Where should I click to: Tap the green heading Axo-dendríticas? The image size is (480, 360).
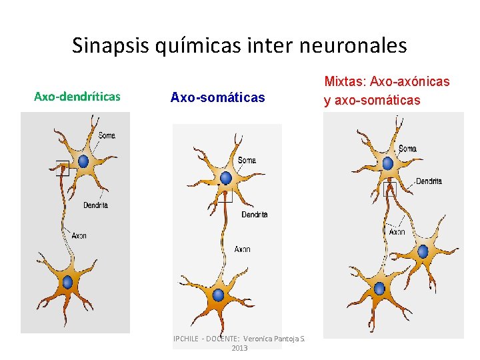[77, 97]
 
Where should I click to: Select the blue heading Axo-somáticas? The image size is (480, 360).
[217, 98]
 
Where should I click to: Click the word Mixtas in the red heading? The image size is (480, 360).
[344, 82]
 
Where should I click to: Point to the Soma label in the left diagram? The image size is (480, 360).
[107, 136]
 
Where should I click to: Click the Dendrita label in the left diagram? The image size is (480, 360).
[96, 205]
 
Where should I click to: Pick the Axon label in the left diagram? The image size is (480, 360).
[79, 235]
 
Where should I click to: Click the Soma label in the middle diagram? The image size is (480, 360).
[247, 161]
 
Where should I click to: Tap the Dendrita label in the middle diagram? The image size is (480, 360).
[254, 215]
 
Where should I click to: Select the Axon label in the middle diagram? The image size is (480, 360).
[242, 249]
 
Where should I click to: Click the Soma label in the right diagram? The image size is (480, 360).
[408, 149]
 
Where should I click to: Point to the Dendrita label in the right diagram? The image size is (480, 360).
[429, 181]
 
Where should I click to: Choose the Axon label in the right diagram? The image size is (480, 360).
[397, 233]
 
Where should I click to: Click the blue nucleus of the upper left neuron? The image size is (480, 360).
[83, 161]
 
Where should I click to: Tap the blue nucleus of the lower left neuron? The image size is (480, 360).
[67, 282]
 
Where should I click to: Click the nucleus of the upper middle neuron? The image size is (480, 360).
[226, 178]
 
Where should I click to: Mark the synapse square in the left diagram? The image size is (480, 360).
[62, 169]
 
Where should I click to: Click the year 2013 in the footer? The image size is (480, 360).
[239, 348]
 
